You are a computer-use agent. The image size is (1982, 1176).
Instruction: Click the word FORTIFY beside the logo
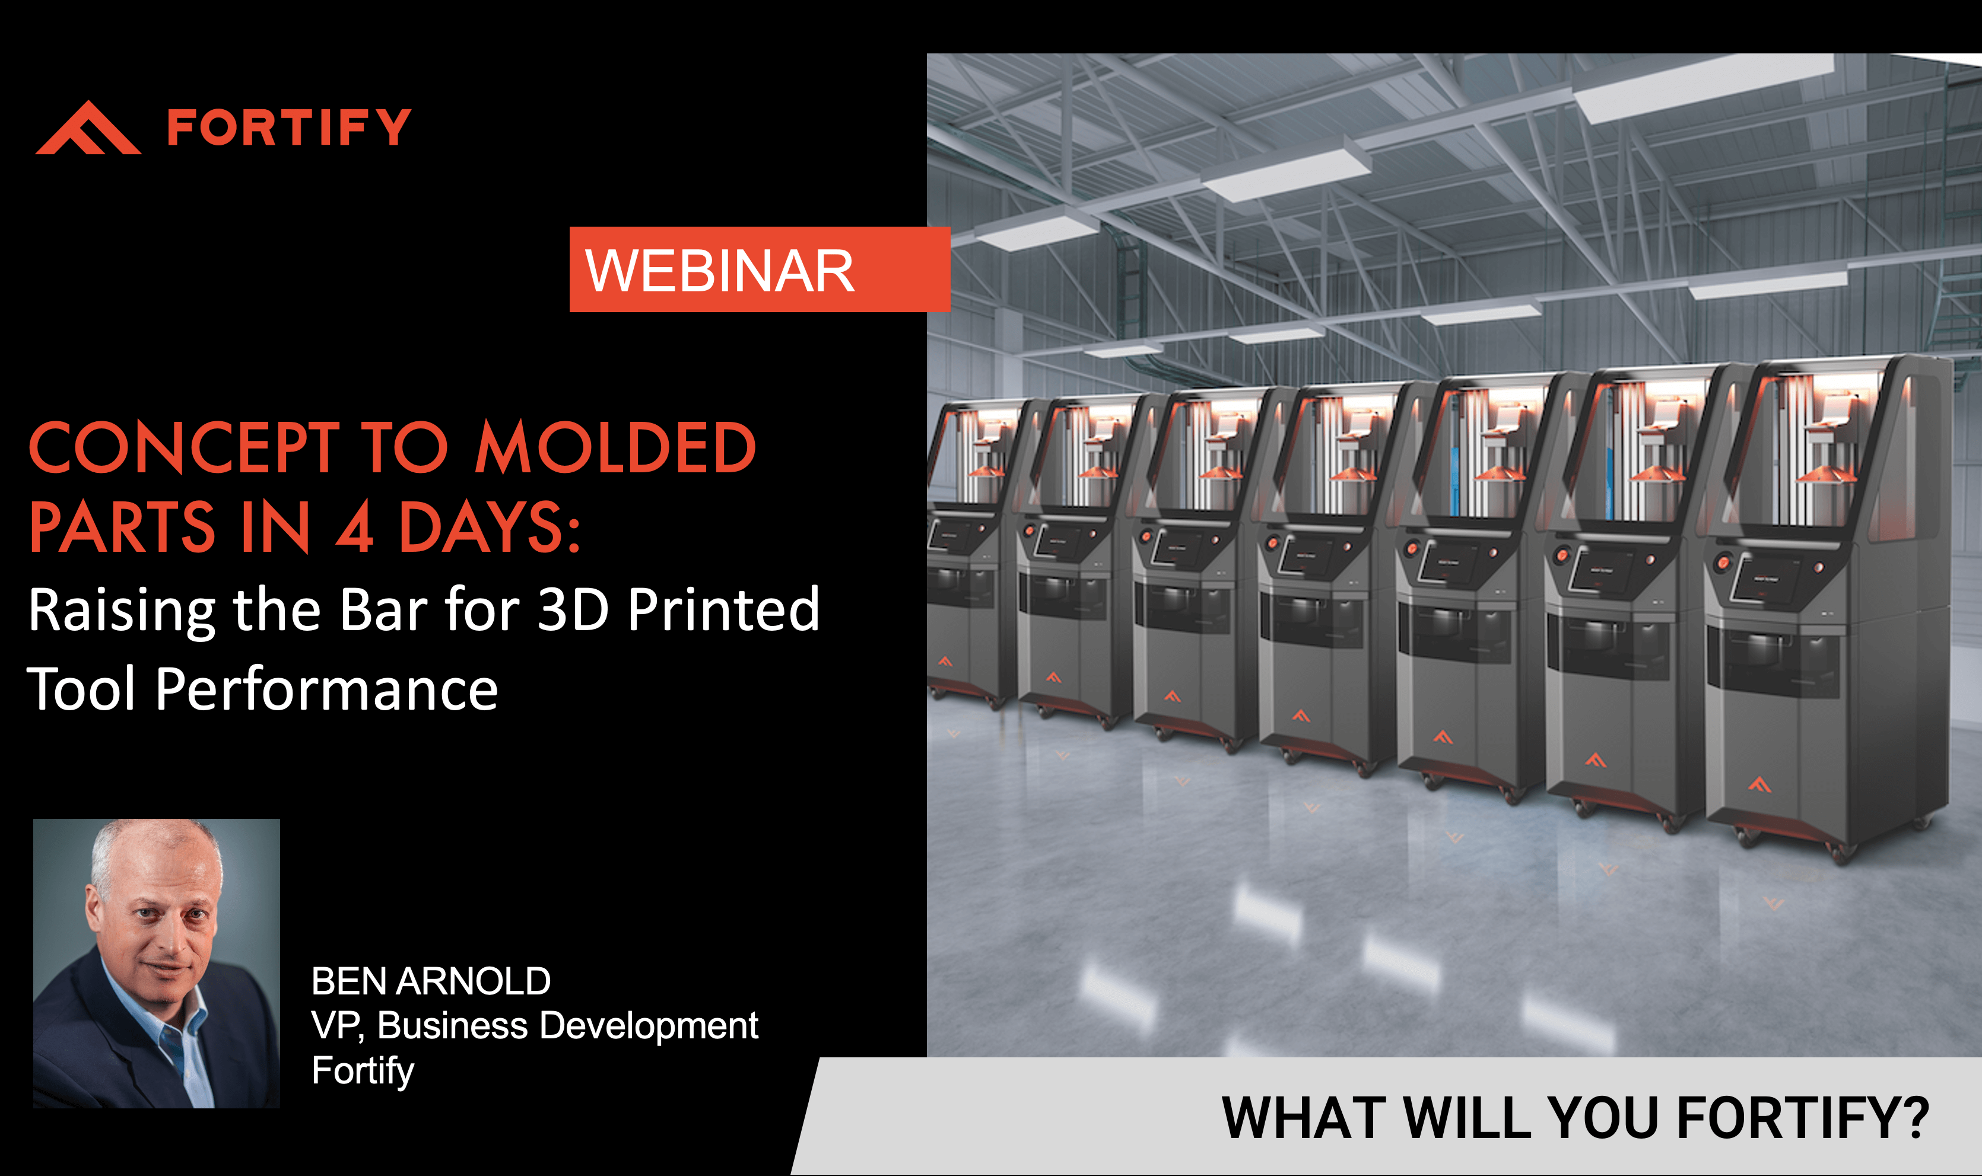click(x=289, y=128)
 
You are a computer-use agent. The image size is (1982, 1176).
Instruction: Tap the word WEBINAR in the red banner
click(x=720, y=271)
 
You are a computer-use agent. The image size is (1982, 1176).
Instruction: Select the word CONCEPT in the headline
click(x=185, y=448)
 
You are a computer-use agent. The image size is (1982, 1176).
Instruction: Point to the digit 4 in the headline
click(x=354, y=527)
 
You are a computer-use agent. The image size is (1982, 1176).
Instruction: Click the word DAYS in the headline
click(x=482, y=527)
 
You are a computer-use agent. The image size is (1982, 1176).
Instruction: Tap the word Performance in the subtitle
click(x=326, y=689)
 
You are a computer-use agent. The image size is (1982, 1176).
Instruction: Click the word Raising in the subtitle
click(x=121, y=612)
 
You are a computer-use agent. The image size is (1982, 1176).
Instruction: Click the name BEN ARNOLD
click(x=431, y=981)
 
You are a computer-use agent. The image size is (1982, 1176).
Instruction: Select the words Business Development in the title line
click(x=567, y=1027)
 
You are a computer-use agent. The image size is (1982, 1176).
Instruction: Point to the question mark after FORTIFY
click(x=1917, y=1117)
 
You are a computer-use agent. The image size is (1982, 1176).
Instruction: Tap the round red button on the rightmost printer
click(x=1723, y=564)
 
